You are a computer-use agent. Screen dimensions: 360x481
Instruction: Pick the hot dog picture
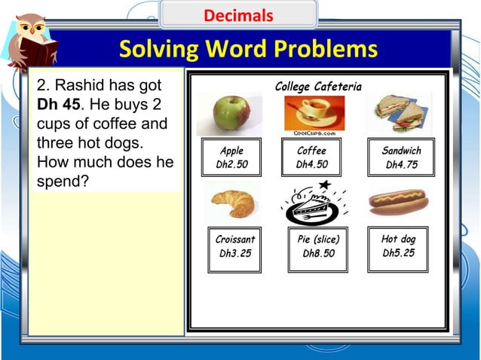point(398,201)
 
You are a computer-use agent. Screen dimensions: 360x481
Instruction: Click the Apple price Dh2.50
point(231,165)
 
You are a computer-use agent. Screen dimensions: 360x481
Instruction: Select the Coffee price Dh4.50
point(311,165)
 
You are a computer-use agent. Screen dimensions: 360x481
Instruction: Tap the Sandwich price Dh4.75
point(401,165)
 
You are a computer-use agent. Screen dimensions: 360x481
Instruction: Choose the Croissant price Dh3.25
point(234,254)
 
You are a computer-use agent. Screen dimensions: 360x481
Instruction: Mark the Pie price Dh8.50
point(318,254)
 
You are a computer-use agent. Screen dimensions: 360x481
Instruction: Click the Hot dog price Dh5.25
point(398,253)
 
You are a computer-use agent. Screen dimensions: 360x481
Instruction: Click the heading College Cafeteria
point(317,87)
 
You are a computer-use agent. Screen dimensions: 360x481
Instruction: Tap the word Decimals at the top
point(238,15)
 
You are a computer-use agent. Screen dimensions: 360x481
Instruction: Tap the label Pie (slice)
point(318,239)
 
